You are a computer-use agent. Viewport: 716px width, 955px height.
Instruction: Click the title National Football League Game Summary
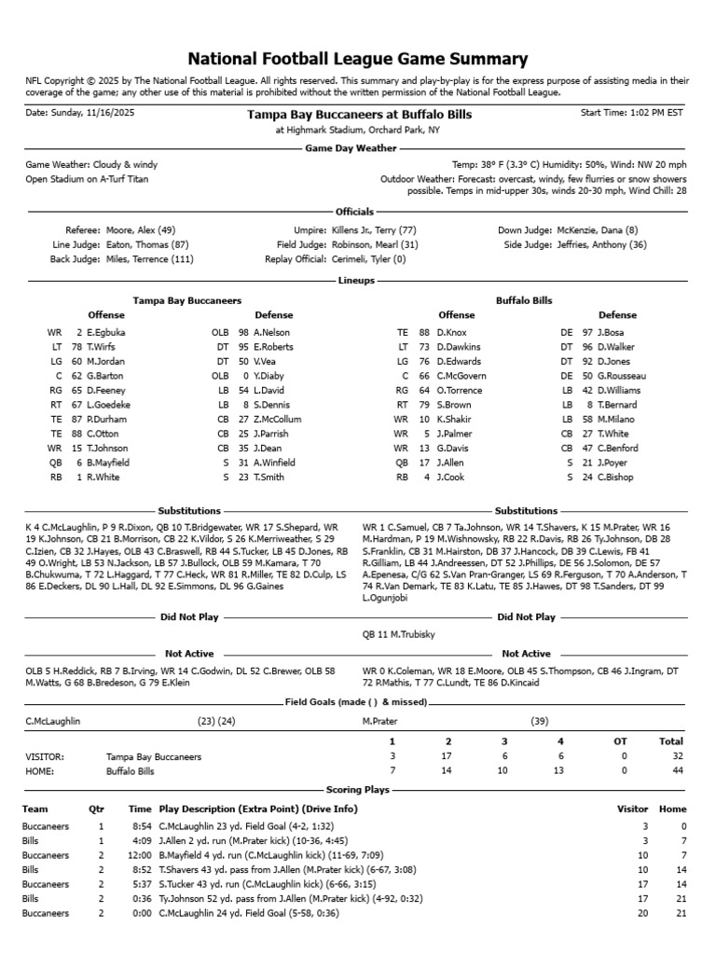[358, 58]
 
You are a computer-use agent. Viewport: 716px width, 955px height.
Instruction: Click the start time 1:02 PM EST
[650, 113]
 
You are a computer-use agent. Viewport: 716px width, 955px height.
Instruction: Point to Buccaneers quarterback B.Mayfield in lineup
[108, 462]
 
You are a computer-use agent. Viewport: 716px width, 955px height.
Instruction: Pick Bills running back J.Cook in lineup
[452, 477]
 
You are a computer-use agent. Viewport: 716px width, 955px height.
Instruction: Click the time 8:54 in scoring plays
[140, 826]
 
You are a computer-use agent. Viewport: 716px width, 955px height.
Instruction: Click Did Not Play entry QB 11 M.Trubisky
[398, 634]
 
